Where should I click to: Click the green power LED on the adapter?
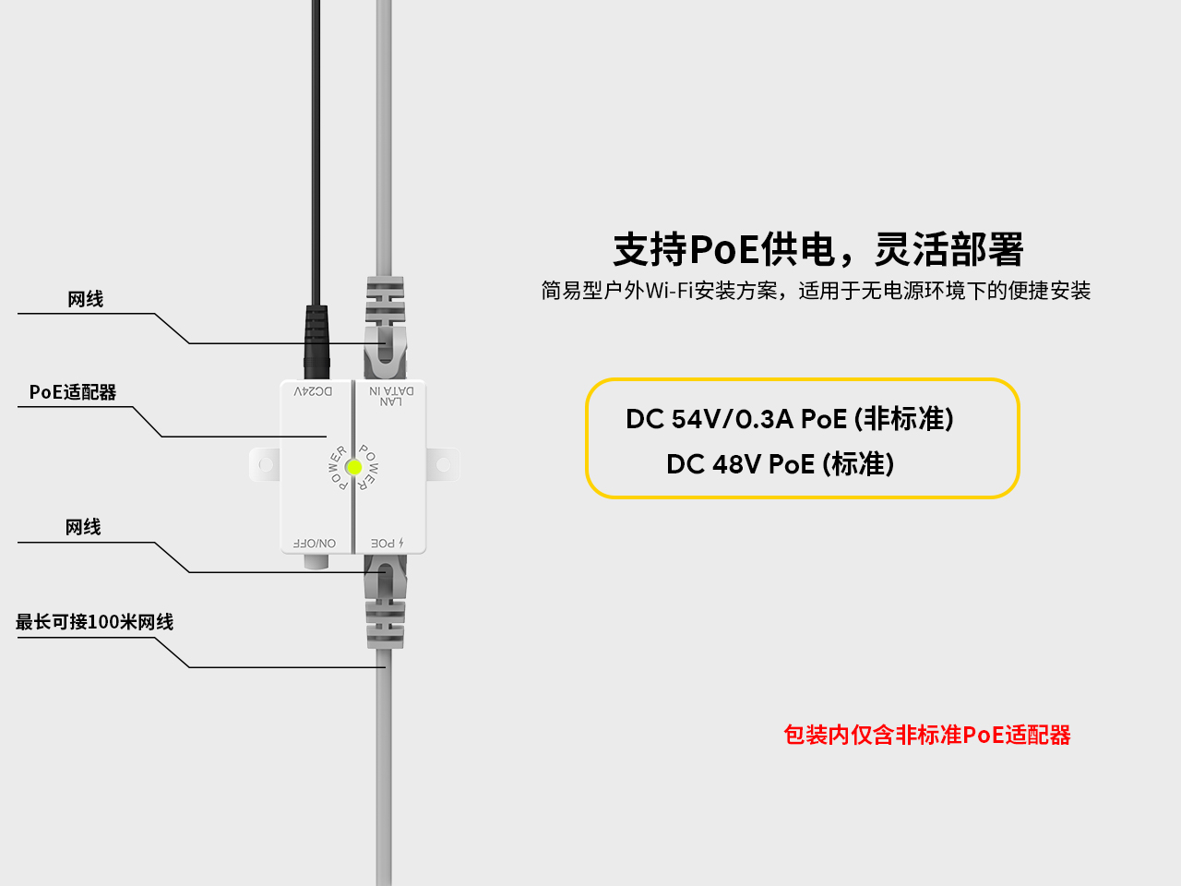coord(353,468)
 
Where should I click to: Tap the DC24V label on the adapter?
coord(314,392)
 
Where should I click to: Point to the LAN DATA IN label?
coord(391,396)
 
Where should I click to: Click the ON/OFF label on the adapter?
coord(315,544)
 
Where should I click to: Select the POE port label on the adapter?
coord(387,544)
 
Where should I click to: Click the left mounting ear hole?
coord(266,464)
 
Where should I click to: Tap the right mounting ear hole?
coord(443,464)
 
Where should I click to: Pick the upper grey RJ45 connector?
coord(385,328)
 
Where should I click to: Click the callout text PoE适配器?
coord(73,392)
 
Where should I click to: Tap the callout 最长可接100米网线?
coord(94,622)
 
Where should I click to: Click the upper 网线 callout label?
coord(85,299)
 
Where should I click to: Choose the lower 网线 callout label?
coord(83,527)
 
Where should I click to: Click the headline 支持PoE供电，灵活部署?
coord(818,249)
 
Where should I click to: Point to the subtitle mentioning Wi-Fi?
coord(816,291)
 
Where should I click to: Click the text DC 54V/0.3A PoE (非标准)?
coord(790,419)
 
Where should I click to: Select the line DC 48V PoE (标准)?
coord(781,463)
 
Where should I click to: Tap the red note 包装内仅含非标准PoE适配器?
coord(926,735)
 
